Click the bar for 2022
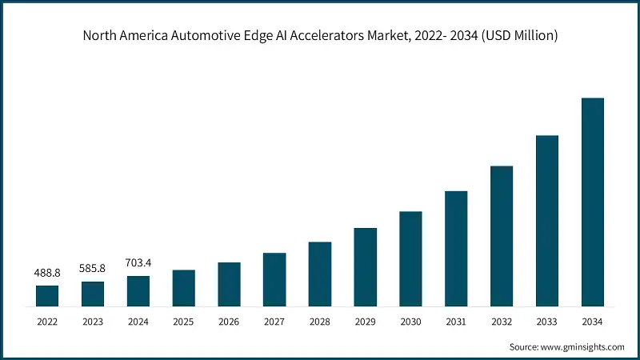(x=47, y=295)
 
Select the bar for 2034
(x=592, y=202)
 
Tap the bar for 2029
(x=365, y=266)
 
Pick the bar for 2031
(x=456, y=248)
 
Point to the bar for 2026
(x=229, y=284)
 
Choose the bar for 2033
(x=546, y=220)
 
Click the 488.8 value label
(x=47, y=273)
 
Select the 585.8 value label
(x=93, y=268)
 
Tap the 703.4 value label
(x=138, y=262)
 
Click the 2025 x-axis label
(x=184, y=322)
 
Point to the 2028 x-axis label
(x=320, y=322)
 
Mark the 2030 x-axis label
(x=410, y=322)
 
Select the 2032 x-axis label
(x=502, y=322)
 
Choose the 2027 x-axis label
(x=274, y=322)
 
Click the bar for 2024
(x=138, y=290)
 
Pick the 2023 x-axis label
(x=93, y=322)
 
